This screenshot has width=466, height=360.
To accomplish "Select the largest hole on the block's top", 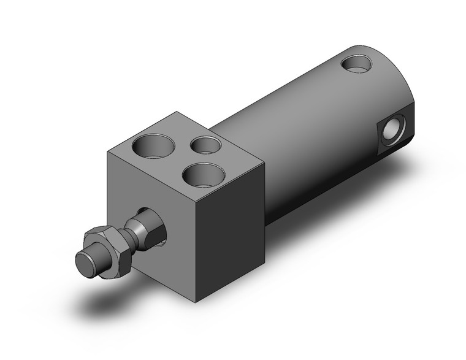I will pyautogui.click(x=148, y=145).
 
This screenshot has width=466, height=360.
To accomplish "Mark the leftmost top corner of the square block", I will pyautogui.click(x=108, y=151).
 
